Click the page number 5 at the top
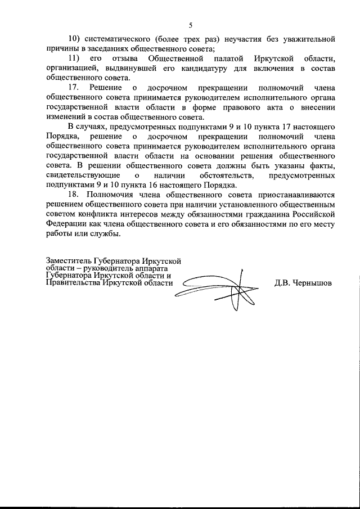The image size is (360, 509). pyautogui.click(x=190, y=25)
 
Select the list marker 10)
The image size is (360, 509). pyautogui.click(x=75, y=39)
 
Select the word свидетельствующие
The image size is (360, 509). pyautogui.click(x=81, y=177)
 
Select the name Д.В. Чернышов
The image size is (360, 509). pyautogui.click(x=303, y=283)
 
